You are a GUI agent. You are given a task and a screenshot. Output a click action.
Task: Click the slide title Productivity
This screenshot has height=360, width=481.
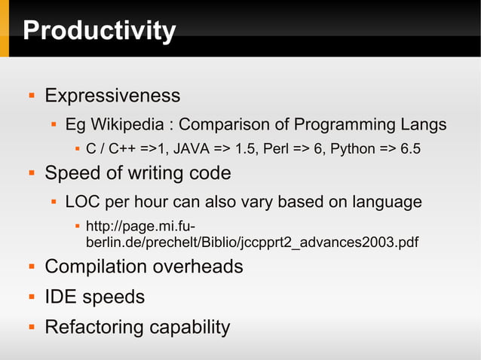(99, 31)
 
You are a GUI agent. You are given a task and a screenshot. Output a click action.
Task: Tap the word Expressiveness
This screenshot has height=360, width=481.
(112, 96)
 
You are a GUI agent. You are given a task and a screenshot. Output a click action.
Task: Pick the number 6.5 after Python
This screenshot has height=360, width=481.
(409, 148)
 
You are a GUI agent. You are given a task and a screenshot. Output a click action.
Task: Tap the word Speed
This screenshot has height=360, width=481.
(71, 173)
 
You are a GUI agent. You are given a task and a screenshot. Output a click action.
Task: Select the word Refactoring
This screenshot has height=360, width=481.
(94, 328)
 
